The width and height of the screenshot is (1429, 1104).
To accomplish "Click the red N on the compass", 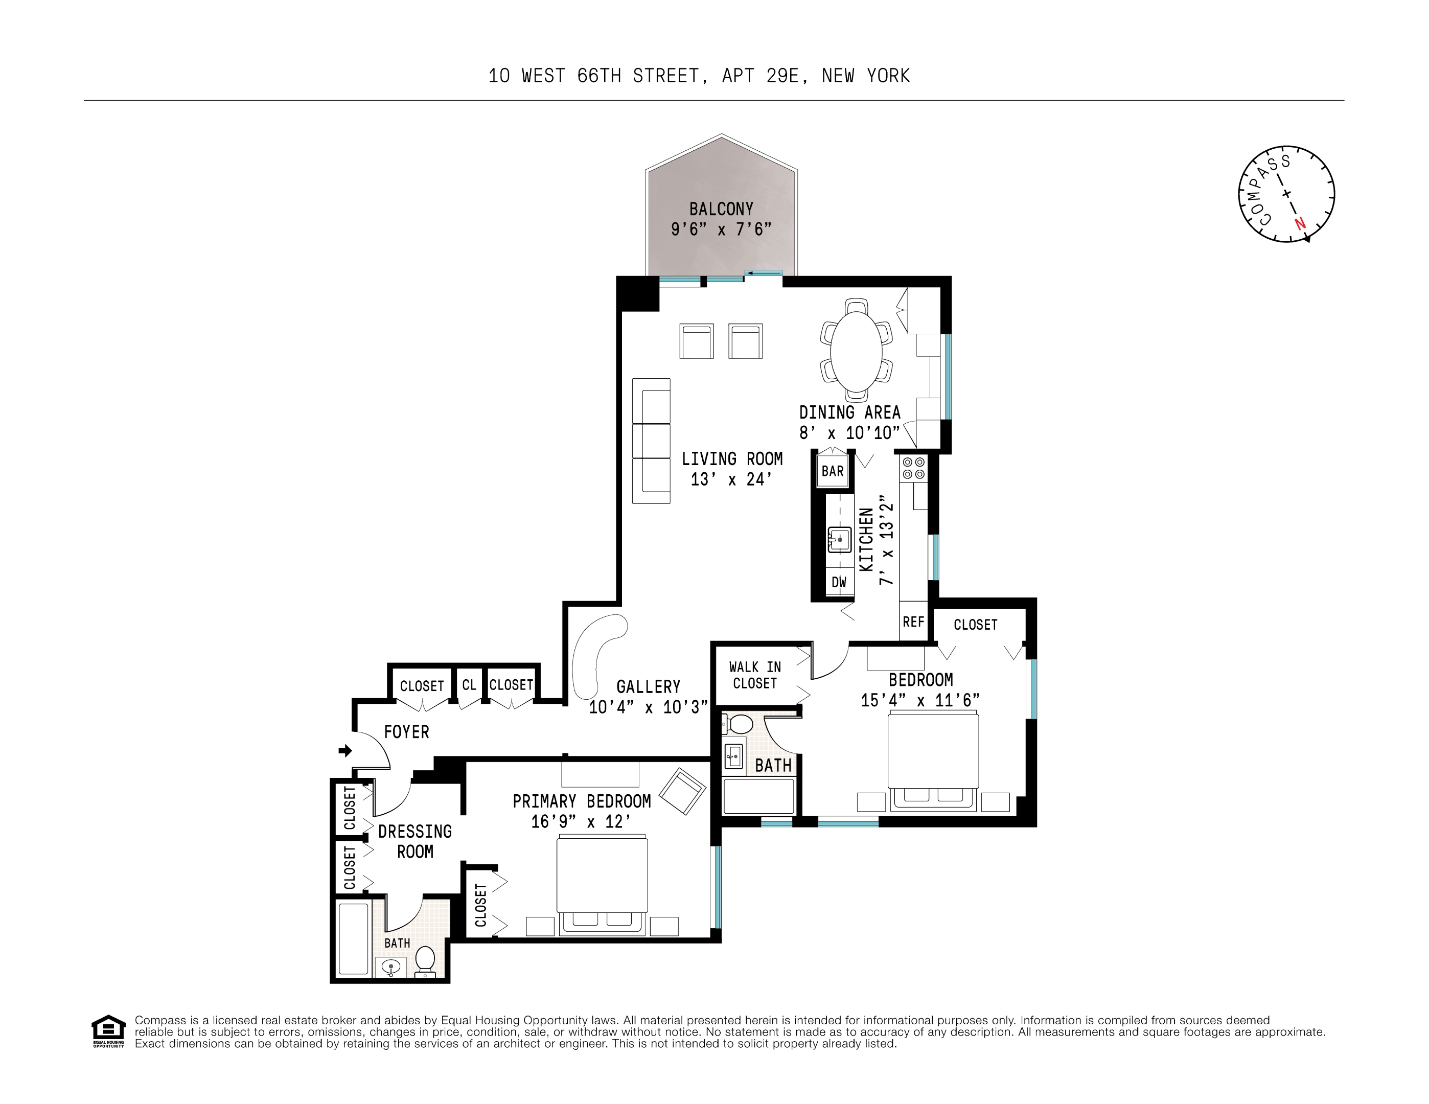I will click(1300, 223).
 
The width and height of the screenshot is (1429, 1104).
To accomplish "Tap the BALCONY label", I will click(721, 210).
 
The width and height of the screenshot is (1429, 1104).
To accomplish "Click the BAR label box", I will click(832, 471).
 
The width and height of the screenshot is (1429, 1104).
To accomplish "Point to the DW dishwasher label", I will click(839, 582).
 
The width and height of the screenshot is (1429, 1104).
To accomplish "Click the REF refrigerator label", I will click(913, 622).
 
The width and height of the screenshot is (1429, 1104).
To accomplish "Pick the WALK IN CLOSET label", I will click(755, 675).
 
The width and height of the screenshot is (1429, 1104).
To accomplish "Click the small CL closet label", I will click(469, 685).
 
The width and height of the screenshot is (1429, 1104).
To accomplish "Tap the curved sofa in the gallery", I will click(594, 654).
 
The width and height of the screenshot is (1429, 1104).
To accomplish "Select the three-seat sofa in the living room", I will click(652, 441).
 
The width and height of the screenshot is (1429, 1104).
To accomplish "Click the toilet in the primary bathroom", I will click(425, 960).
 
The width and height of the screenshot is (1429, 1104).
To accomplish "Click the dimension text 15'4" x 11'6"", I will click(920, 700).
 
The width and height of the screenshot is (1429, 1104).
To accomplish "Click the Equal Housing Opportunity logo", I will click(108, 1031).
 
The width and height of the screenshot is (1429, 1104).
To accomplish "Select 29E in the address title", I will click(782, 76).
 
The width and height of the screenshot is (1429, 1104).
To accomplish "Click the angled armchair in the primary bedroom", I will click(682, 791).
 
